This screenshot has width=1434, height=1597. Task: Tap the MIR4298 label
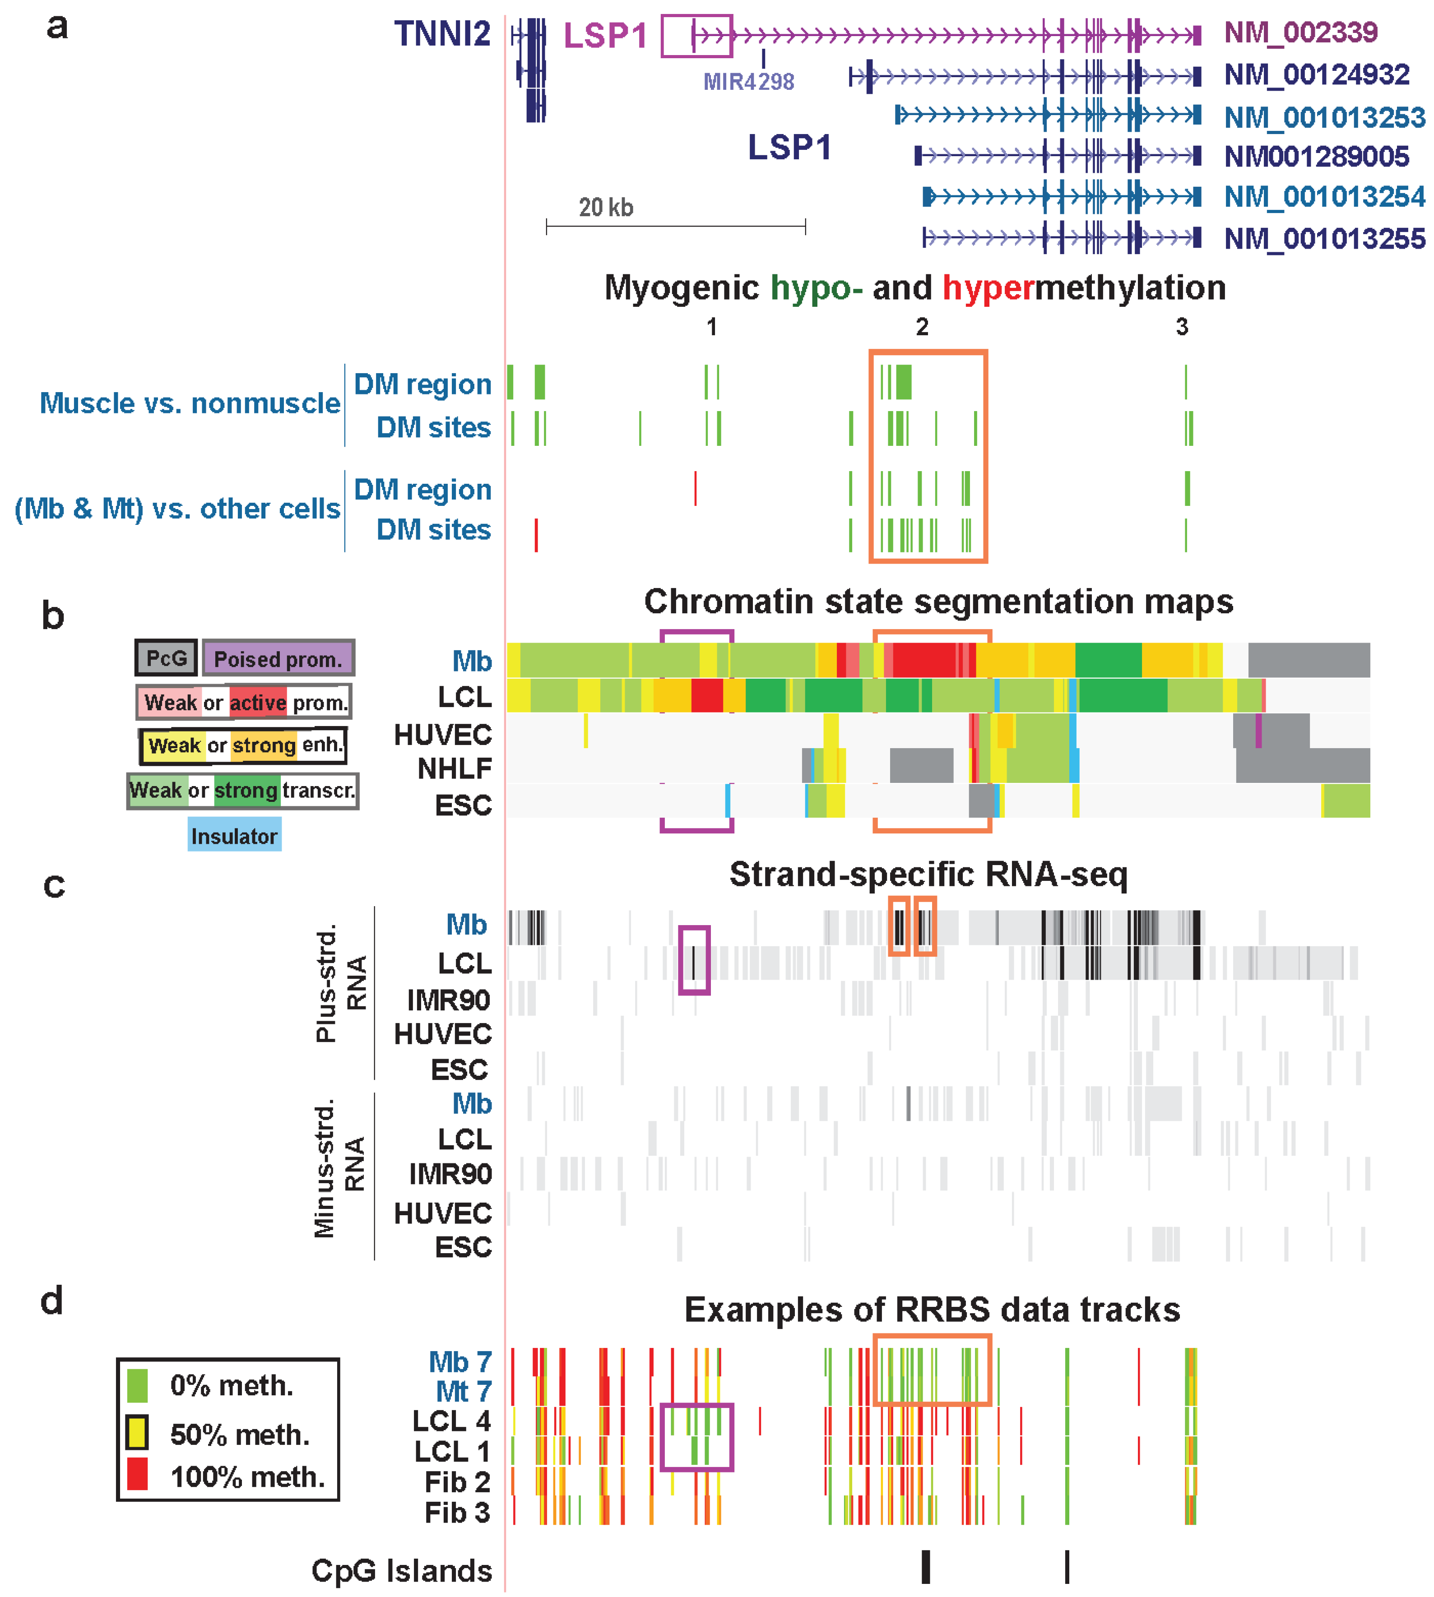[x=748, y=81]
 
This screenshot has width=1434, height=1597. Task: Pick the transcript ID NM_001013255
[x=1324, y=238]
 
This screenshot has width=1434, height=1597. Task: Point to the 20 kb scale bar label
[x=605, y=207]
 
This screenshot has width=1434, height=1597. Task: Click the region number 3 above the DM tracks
[x=1181, y=327]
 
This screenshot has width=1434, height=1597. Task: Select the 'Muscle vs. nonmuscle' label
[x=190, y=403]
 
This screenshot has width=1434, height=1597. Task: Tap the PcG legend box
[x=166, y=658]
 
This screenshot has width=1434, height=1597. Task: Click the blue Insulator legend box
[x=234, y=836]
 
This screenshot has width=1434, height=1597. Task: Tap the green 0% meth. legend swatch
[x=137, y=1385]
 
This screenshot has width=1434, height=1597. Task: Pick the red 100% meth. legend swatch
[x=137, y=1473]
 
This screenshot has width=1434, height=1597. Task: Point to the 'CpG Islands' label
[x=401, y=1570]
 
